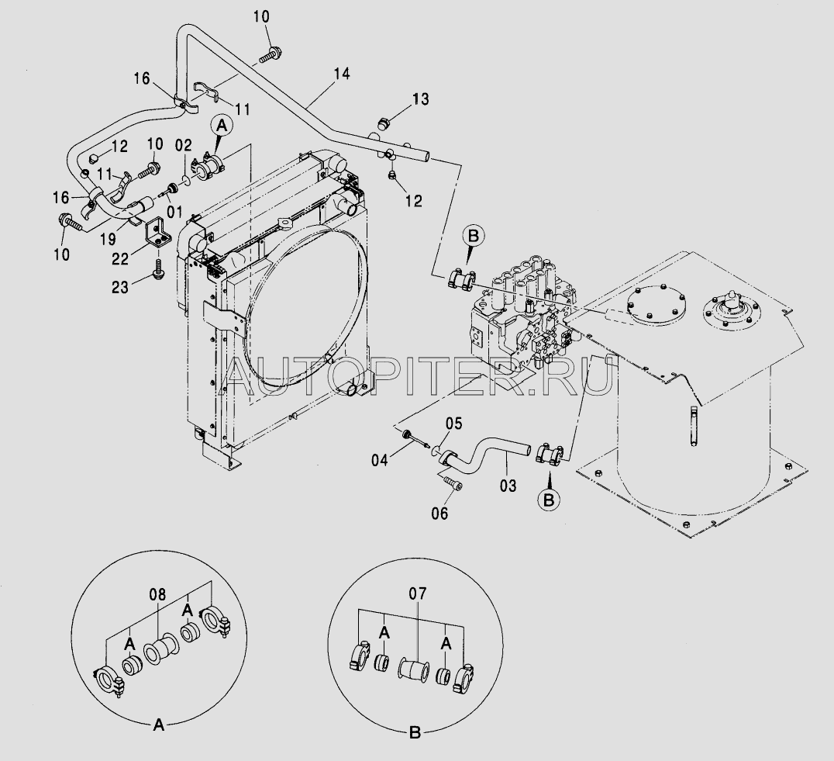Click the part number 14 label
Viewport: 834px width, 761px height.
point(342,74)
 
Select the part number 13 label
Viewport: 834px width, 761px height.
point(420,99)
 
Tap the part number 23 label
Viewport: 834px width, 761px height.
point(120,287)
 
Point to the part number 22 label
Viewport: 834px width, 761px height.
point(120,258)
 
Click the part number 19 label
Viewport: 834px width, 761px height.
point(108,239)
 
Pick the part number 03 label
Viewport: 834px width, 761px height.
point(508,486)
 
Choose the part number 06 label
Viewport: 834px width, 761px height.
point(440,513)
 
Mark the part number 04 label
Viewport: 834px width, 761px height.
point(380,460)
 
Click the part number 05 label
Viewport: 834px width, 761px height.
point(453,424)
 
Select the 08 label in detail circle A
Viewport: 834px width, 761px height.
point(157,594)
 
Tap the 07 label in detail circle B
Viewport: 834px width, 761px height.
point(418,593)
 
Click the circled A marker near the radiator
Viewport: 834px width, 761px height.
point(222,126)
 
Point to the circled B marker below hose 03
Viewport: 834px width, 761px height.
point(549,500)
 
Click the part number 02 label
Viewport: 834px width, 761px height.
point(184,145)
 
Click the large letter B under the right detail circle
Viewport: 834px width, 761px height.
point(415,733)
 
